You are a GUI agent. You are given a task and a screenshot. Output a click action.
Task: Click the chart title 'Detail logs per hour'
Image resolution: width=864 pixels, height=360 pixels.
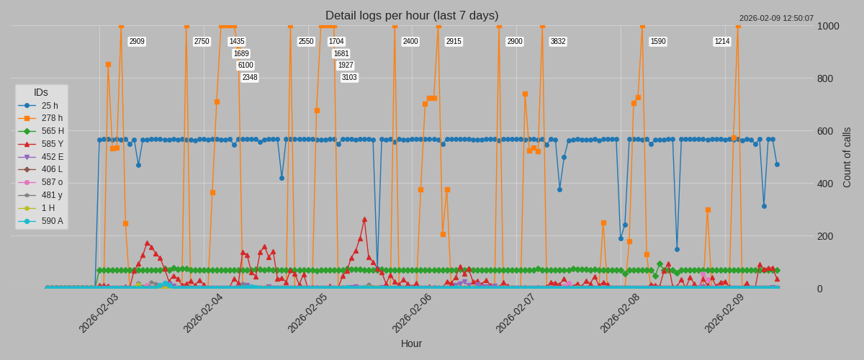point(411,16)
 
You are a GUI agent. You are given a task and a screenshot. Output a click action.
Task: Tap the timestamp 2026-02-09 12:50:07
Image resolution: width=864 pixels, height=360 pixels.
point(776,19)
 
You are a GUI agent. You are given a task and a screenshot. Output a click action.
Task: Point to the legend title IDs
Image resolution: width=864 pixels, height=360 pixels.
point(41,93)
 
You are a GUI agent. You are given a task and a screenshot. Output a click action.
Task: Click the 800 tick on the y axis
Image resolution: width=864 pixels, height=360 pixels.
point(828,78)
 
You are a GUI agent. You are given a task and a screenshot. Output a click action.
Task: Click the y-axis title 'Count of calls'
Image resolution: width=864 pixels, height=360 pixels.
point(847,158)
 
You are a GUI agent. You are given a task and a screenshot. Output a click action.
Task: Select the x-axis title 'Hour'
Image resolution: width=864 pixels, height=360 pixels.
point(411,343)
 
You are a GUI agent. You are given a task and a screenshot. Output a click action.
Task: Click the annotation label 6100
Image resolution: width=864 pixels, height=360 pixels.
point(246,66)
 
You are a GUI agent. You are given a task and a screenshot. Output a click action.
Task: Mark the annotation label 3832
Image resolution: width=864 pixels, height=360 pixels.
point(558,42)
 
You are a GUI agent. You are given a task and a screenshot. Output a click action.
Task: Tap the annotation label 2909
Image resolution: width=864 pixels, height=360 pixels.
point(137,42)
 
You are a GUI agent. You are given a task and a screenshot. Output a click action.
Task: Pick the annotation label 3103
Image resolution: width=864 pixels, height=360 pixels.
point(349,78)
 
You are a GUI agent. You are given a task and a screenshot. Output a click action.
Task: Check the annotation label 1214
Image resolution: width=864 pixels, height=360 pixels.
point(722,42)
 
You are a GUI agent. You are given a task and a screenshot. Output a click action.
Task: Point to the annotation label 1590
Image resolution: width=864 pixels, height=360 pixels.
point(658,42)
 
